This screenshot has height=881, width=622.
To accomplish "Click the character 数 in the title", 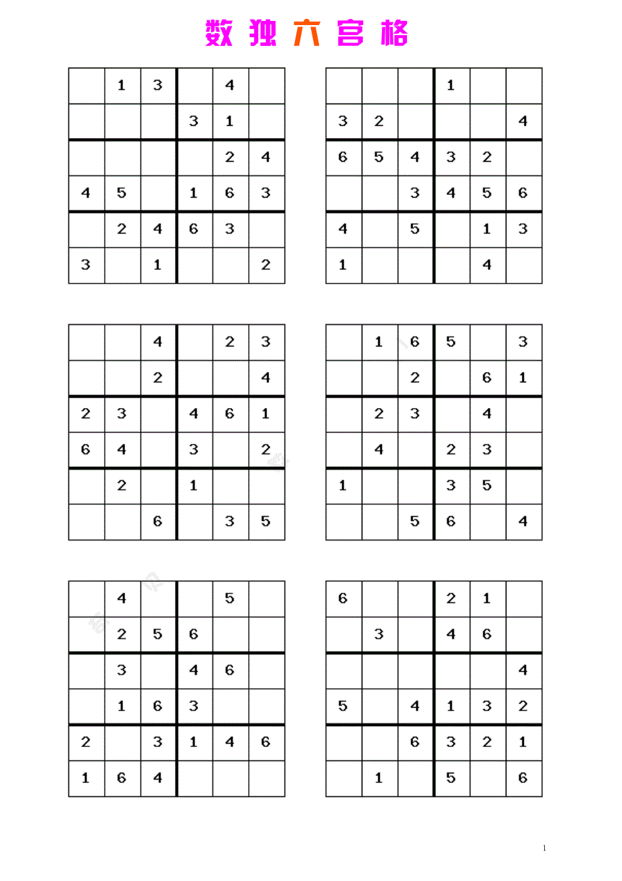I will tap(219, 33).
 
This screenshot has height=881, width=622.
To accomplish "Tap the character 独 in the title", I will tap(262, 33).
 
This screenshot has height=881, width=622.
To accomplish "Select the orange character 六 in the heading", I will tap(307, 33).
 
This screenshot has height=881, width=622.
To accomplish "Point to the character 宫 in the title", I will tap(351, 33).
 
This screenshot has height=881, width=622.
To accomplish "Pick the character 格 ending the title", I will tap(394, 33).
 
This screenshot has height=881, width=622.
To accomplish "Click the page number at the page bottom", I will tap(545, 849).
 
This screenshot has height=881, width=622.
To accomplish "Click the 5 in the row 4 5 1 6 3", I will tap(122, 193).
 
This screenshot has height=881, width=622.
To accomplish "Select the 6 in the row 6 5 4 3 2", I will tap(343, 157).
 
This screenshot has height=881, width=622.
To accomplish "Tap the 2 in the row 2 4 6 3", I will tap(122, 229).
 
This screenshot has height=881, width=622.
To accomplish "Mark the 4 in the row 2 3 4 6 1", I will tap(194, 413).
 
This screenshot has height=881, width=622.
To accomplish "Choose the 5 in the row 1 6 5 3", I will tap(451, 342).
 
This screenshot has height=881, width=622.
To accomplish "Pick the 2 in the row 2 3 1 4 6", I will tap(86, 742).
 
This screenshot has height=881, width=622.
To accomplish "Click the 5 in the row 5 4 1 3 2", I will tap(343, 706).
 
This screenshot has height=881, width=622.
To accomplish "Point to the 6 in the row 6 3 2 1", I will tap(414, 742).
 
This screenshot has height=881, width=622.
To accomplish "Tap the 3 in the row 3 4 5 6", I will tap(414, 193).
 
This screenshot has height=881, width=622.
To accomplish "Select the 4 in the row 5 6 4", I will tap(523, 521).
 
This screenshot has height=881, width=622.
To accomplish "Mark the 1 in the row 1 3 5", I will tap(343, 485).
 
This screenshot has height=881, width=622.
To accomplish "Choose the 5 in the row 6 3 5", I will tap(265, 521).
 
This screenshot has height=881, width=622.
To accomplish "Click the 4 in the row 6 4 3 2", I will tap(122, 449).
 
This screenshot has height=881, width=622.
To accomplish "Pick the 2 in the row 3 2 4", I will tap(379, 121).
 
